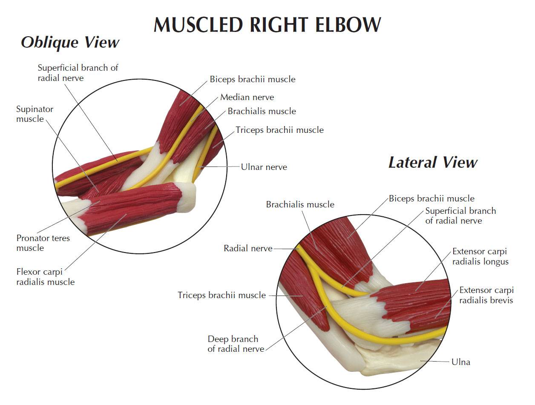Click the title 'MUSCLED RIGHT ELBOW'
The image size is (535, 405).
[267, 25]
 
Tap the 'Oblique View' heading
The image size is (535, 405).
[70, 42]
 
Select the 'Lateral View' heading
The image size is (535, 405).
[432, 162]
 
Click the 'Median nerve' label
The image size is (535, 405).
[247, 97]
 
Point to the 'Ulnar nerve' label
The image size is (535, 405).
[264, 167]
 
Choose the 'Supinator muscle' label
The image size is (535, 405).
[35, 114]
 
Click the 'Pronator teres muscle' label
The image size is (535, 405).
[43, 243]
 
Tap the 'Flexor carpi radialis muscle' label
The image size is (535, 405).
[45, 276]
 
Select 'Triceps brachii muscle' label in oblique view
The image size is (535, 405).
[279, 130]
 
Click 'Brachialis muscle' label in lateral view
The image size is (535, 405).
[300, 204]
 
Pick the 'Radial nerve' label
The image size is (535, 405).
[247, 248]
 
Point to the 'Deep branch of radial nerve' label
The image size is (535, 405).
[236, 344]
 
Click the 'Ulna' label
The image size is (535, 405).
[461, 362]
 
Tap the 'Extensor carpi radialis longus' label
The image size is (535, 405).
[480, 256]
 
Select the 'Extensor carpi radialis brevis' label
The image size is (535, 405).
[486, 295]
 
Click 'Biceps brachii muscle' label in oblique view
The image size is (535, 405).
[252, 79]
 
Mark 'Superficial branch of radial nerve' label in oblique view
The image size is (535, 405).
[78, 72]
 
